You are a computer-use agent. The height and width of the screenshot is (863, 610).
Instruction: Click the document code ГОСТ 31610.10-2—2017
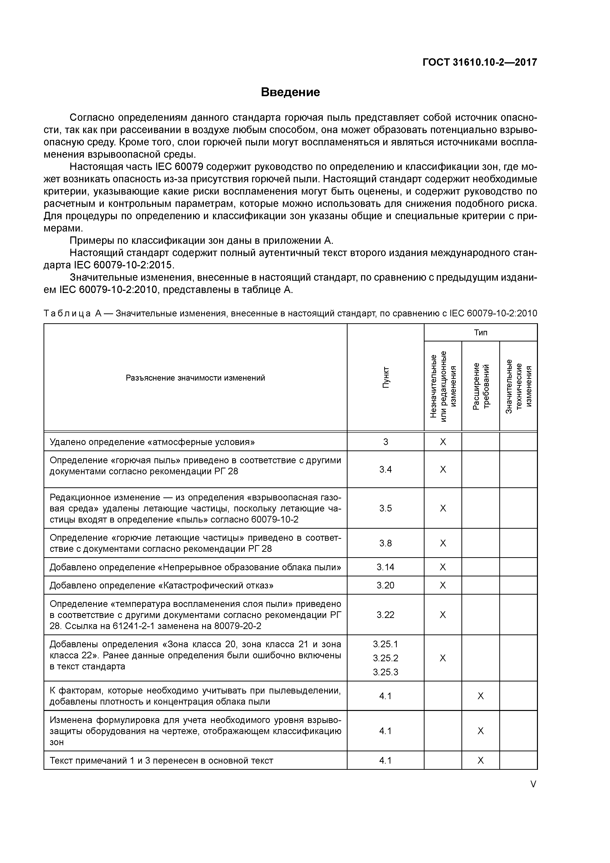pos(480,62)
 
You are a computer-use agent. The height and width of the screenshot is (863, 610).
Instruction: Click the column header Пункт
pos(386,378)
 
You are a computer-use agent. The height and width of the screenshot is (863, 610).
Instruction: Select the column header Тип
pos(480,332)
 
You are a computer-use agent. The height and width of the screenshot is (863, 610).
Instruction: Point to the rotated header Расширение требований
pos(480,386)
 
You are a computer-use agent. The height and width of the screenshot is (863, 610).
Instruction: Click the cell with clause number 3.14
pos(386,567)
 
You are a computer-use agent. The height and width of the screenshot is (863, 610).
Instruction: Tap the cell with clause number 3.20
pos(386,586)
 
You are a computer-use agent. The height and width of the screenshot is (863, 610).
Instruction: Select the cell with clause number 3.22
pos(386,615)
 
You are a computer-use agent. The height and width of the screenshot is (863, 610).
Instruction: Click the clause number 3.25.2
pos(386,658)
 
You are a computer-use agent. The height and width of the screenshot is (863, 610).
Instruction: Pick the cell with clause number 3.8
pos(386,543)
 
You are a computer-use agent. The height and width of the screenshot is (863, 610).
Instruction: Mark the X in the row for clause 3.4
pos(443,469)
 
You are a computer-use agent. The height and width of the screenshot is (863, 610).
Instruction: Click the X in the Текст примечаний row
pos(480,761)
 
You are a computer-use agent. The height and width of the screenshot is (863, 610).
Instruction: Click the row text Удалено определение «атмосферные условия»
pos(152,442)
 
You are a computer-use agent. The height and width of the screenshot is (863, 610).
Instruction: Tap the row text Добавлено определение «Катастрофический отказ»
pos(162,586)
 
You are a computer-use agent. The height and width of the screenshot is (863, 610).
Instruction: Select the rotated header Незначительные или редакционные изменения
pos(443,386)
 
